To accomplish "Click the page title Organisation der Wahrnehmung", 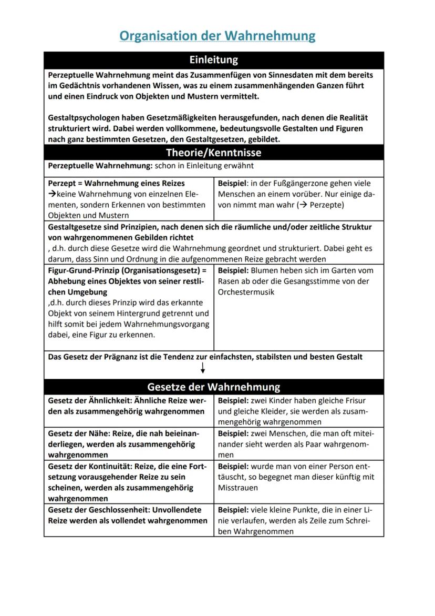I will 217,36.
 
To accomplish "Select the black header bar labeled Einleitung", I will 213,59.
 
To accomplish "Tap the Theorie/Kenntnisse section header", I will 213,153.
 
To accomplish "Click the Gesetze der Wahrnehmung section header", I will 213,387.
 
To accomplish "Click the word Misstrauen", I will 239,488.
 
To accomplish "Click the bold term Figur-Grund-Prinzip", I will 82,270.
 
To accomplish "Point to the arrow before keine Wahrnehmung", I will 52,194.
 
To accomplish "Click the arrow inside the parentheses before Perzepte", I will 303,205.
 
